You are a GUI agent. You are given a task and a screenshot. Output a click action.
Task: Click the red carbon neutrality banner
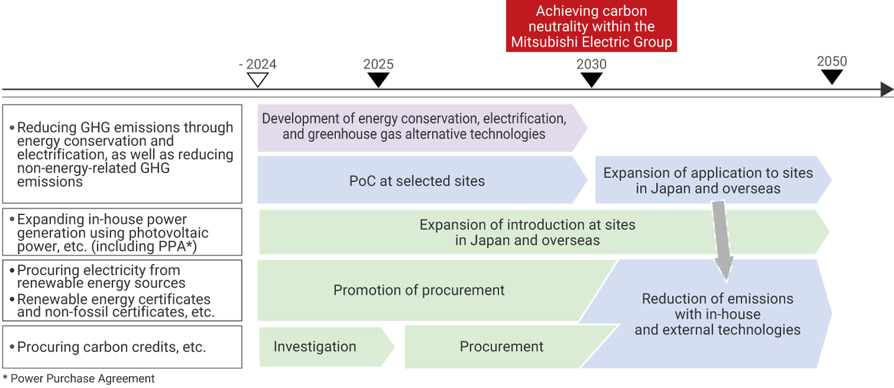pyautogui.click(x=591, y=27)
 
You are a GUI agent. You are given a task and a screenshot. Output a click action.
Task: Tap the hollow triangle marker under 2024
pyautogui.click(x=258, y=80)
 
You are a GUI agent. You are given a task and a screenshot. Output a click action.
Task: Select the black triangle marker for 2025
pyautogui.click(x=378, y=80)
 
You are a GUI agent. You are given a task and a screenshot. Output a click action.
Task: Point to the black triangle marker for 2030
pyautogui.click(x=592, y=80)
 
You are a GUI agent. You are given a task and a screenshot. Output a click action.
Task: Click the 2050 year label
pyautogui.click(x=832, y=61)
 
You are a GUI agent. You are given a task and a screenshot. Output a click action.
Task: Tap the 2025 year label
pyautogui.click(x=378, y=64)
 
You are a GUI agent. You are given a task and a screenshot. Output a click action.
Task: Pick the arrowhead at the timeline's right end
pyautogui.click(x=887, y=90)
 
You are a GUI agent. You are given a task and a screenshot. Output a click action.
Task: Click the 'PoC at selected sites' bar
pyautogui.click(x=417, y=181)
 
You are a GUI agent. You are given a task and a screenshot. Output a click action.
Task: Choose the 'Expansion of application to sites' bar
pyautogui.click(x=708, y=181)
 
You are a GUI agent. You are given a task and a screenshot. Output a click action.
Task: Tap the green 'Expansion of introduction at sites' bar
pyautogui.click(x=528, y=232)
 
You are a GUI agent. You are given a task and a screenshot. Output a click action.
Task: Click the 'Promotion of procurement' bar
pyautogui.click(x=419, y=290)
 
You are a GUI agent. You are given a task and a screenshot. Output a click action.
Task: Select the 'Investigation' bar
pyautogui.click(x=315, y=347)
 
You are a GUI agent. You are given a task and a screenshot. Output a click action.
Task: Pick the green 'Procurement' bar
pyautogui.click(x=502, y=347)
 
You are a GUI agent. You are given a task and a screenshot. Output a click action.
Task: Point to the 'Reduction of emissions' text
pyautogui.click(x=717, y=314)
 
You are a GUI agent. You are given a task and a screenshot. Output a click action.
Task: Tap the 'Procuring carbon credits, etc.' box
pyautogui.click(x=122, y=347)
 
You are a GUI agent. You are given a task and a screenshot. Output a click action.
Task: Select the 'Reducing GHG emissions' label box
pyautogui.click(x=122, y=154)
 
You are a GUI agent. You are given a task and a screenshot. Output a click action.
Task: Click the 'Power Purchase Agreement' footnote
pyautogui.click(x=79, y=378)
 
